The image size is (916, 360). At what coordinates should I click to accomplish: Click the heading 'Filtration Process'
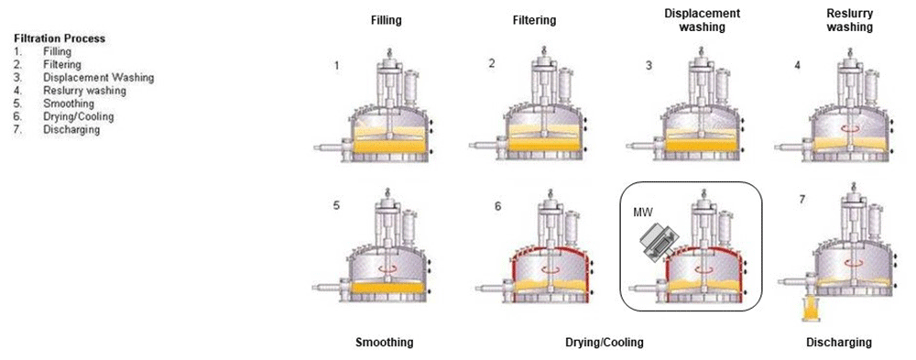(60, 38)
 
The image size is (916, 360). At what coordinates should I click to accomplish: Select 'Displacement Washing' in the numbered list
(98, 78)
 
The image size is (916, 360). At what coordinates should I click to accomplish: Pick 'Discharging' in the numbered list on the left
(71, 130)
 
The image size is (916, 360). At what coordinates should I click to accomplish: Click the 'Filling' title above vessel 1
(386, 19)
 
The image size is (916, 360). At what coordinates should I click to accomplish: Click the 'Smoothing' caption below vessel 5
(384, 343)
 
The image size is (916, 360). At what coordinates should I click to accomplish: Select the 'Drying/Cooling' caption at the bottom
(605, 343)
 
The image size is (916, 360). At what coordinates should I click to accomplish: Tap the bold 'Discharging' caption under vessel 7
(838, 343)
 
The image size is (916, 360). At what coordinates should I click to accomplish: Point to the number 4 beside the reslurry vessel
(797, 66)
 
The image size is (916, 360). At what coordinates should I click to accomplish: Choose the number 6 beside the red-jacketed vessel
(498, 207)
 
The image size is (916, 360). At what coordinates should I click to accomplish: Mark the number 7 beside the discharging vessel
(801, 199)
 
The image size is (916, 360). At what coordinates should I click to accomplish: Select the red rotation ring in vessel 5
(393, 268)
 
